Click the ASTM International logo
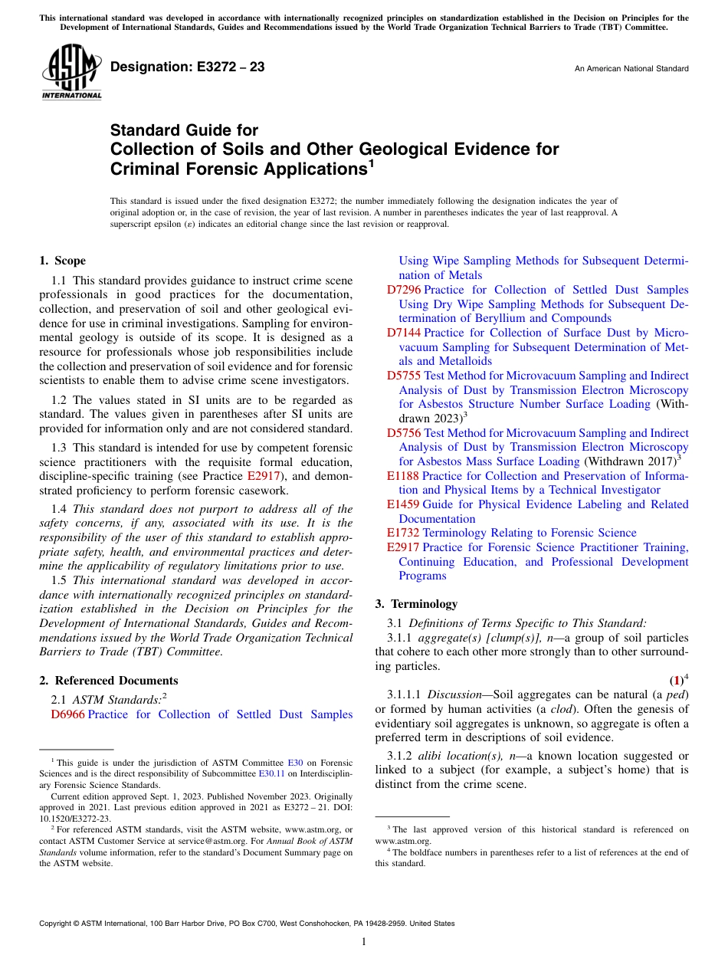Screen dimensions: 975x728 (71, 72)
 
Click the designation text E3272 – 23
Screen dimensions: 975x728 (188, 67)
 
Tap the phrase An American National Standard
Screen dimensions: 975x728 (631, 69)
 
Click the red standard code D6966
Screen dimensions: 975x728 (68, 714)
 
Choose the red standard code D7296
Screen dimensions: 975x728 (404, 290)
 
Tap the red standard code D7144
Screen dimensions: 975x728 (404, 333)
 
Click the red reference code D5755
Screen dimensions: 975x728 (404, 376)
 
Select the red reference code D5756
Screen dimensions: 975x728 (404, 433)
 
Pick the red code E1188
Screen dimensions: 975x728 (403, 476)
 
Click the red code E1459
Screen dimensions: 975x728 (403, 504)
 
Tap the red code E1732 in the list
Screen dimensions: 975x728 (403, 533)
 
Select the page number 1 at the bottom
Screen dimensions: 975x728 (364, 941)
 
